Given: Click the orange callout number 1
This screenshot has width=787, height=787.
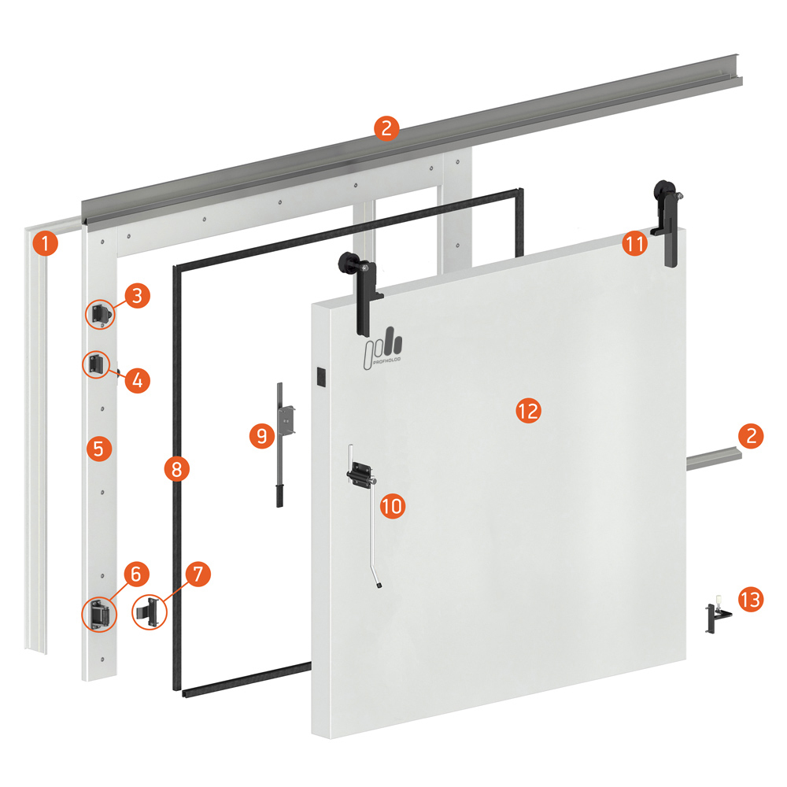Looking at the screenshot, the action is [45, 243].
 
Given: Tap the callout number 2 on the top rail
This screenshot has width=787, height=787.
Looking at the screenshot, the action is [386, 128].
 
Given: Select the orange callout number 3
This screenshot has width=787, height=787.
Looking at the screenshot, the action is [137, 296].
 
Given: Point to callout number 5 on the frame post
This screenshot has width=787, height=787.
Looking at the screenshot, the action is [99, 449].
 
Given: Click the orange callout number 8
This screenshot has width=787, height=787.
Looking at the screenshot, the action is [176, 469].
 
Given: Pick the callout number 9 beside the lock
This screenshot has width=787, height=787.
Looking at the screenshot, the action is [262, 435].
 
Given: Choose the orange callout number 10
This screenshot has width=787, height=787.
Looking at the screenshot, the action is [393, 505].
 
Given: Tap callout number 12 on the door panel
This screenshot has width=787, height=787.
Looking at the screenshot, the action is [529, 411].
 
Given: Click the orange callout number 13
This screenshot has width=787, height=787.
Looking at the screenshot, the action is [751, 599].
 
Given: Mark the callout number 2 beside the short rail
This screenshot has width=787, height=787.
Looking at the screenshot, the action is [751, 436].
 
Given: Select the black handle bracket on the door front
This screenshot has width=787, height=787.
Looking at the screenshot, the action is [360, 475].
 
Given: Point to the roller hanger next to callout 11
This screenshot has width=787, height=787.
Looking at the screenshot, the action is [668, 224].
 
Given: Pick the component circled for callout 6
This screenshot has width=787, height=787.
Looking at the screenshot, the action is [99, 615].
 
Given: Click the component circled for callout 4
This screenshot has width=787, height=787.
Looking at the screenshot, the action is [96, 364].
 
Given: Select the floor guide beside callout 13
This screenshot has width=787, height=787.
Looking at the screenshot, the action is [718, 614].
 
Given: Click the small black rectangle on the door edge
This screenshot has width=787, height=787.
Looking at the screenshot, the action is [320, 378].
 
